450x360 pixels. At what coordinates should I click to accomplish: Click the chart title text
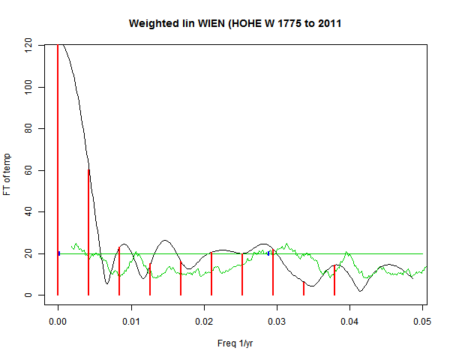coord(235,23)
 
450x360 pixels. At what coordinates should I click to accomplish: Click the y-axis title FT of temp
coord(9,170)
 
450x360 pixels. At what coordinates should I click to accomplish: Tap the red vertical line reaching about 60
coord(88,232)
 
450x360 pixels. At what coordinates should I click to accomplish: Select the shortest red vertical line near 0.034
coord(304,289)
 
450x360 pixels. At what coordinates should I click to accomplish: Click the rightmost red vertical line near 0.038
coord(334,280)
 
